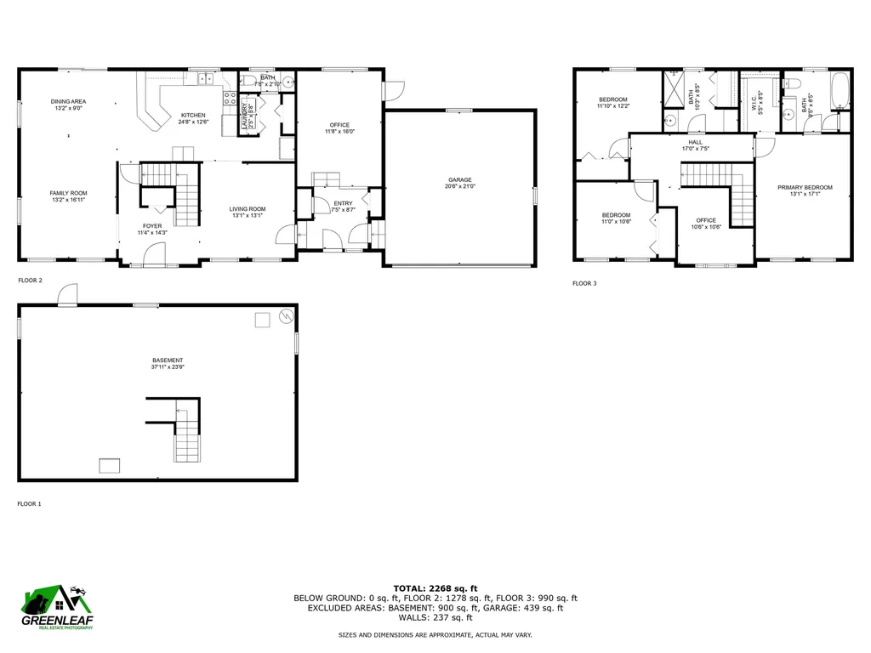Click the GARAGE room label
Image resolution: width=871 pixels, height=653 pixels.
tap(460, 180)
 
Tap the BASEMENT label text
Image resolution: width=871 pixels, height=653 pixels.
tap(168, 361)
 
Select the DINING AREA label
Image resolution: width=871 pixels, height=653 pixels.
tap(69, 101)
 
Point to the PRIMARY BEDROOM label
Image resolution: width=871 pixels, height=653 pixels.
tap(805, 187)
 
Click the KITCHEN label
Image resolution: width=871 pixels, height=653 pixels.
tap(192, 115)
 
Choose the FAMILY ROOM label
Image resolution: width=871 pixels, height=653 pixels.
tap(68, 193)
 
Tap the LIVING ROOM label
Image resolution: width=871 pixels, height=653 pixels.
tap(248, 209)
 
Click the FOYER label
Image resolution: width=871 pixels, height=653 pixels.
tap(152, 226)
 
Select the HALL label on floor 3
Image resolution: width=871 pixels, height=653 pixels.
tap(695, 142)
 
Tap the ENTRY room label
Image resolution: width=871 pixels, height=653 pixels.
tap(343, 203)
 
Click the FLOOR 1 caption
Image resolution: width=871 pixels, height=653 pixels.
tap(30, 504)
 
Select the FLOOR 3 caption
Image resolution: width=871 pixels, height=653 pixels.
tap(584, 283)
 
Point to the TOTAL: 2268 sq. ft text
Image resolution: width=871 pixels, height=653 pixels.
tap(435, 588)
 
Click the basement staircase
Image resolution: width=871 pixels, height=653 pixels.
tap(187, 440)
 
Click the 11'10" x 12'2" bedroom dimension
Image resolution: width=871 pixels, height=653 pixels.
tap(612, 106)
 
